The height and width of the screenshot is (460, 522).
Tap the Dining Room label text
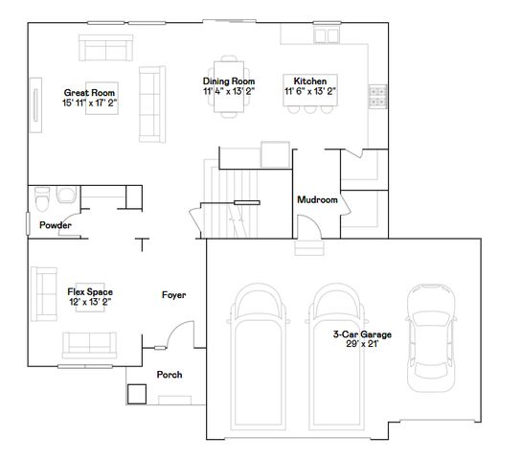click(229, 81)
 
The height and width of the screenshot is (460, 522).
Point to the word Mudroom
click(317, 200)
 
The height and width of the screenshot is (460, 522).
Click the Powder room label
click(55, 226)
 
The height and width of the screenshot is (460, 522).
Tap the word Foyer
click(173, 295)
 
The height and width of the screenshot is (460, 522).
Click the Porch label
click(169, 375)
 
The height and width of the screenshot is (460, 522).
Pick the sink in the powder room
click(66, 195)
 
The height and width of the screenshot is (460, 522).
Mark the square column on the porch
click(136, 394)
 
